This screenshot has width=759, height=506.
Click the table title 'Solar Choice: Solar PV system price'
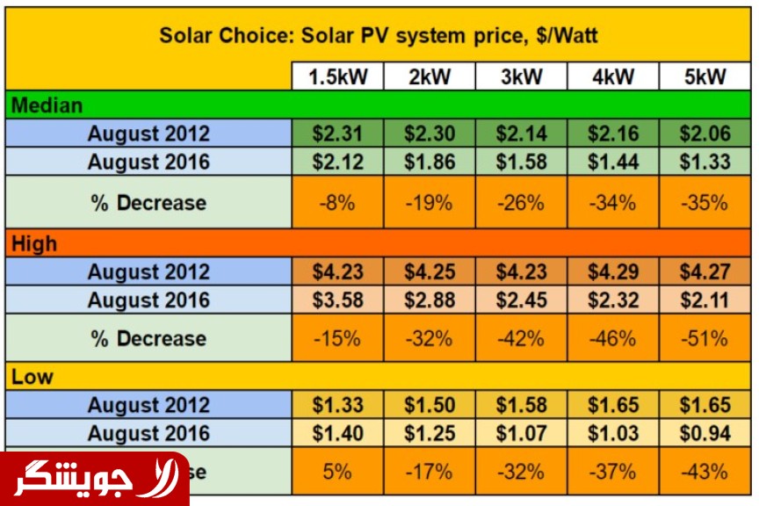coord(379,36)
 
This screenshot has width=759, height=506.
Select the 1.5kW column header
coord(337,77)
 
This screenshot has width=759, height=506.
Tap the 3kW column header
coord(521,77)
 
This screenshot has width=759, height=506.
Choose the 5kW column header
coord(705,77)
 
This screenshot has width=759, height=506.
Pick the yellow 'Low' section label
coord(33,378)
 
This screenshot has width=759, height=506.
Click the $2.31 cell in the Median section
coord(337,134)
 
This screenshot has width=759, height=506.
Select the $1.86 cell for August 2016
coord(430,161)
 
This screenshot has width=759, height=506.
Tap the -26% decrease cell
coord(521,202)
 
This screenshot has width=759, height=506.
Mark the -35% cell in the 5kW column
coord(705,202)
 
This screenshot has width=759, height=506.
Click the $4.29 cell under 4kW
coord(613,271)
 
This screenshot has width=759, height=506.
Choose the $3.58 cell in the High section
coord(337,300)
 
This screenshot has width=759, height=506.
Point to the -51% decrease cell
coord(705,338)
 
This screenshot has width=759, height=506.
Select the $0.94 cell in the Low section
coord(705,433)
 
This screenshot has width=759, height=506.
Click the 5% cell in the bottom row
coord(337,472)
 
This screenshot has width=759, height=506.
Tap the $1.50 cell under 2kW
coord(430,405)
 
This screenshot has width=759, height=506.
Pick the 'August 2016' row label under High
coord(148,300)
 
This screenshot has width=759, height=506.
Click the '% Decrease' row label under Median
coord(148,202)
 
